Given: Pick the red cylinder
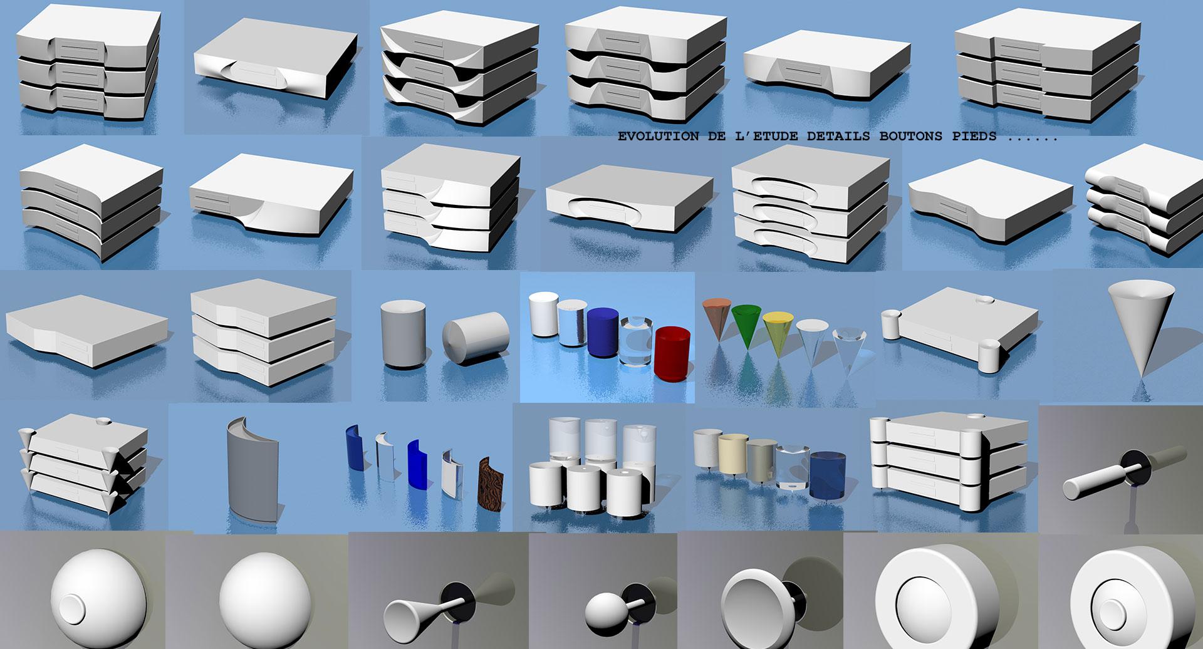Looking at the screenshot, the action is point(672,352).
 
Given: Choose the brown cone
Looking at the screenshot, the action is point(717,318).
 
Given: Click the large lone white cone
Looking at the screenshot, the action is point(1140,328).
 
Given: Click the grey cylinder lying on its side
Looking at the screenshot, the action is point(475,340).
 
